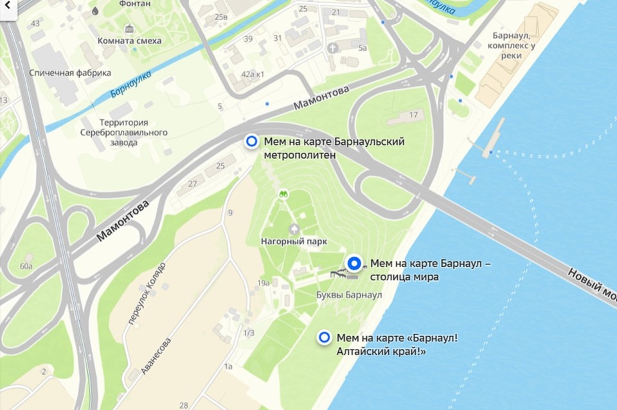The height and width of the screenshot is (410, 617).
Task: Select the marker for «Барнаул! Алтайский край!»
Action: click(325, 337)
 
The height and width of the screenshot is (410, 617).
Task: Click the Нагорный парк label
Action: click(294, 242)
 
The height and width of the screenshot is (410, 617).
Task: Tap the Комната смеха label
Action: click(129, 40)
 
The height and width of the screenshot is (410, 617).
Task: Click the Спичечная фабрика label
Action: click(70, 73)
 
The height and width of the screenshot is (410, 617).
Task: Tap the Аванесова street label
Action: click(156, 356)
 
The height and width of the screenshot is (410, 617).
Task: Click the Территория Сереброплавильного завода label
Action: click(123, 132)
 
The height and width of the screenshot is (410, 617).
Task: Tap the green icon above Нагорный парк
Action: click(282, 192)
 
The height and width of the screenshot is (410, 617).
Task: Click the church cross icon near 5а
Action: click(332, 47)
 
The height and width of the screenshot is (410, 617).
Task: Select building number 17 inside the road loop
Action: click(413, 115)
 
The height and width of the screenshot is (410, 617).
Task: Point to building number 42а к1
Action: click(253, 74)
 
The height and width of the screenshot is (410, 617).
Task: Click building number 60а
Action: click(26, 266)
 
